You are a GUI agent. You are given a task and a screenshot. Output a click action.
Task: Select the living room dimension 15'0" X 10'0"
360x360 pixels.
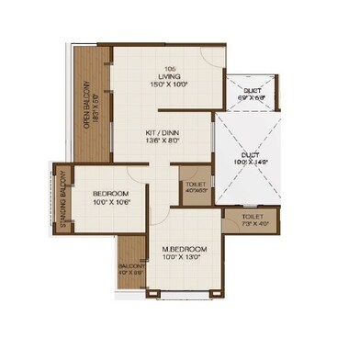(x=170, y=83)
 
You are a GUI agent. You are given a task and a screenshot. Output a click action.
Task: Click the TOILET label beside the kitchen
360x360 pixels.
(x=195, y=186)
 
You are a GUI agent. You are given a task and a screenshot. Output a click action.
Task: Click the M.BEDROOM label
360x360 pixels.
(x=185, y=249)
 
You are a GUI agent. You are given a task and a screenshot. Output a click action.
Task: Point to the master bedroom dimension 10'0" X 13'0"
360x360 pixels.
(x=185, y=258)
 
